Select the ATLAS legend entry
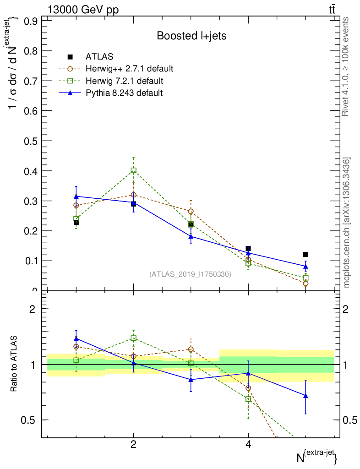(99, 57)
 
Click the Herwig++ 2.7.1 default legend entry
(129, 69)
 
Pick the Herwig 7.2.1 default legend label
(124, 81)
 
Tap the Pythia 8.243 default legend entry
(124, 93)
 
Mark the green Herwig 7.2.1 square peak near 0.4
(133, 170)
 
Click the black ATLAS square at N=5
(305, 254)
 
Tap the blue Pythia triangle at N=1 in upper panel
(76, 196)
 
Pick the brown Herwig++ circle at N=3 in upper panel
(191, 212)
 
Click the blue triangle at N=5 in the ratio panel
(305, 396)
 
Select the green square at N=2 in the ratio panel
(133, 338)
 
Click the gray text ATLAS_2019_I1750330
(190, 274)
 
